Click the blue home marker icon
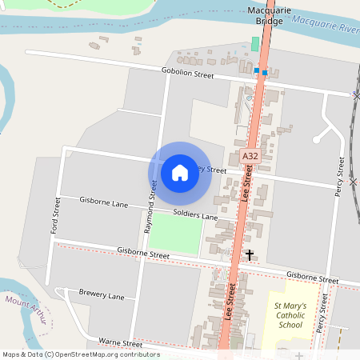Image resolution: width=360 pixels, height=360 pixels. point(180,172)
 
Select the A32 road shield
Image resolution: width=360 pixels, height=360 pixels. point(250,157)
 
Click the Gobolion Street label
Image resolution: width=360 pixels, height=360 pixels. point(188,75)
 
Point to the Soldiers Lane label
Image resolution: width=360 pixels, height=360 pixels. point(195,216)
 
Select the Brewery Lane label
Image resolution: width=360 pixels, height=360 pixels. point(102,294)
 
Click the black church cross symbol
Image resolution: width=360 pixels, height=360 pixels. point(250,255)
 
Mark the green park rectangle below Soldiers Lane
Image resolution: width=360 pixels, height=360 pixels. point(174,234)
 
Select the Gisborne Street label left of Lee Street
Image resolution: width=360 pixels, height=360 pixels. point(143,254)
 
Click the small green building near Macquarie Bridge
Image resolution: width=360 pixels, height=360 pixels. point(256,43)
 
